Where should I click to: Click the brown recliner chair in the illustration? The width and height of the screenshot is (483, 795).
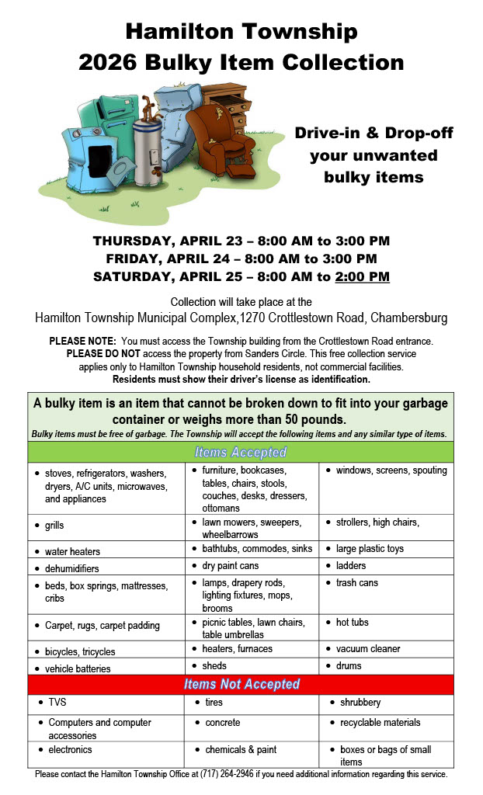[x=212, y=144]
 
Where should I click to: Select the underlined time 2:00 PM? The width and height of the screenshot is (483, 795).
[x=363, y=276]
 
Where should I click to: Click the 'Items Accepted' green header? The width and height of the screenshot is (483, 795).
[x=241, y=452]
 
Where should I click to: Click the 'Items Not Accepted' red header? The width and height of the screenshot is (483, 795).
[x=241, y=684]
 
